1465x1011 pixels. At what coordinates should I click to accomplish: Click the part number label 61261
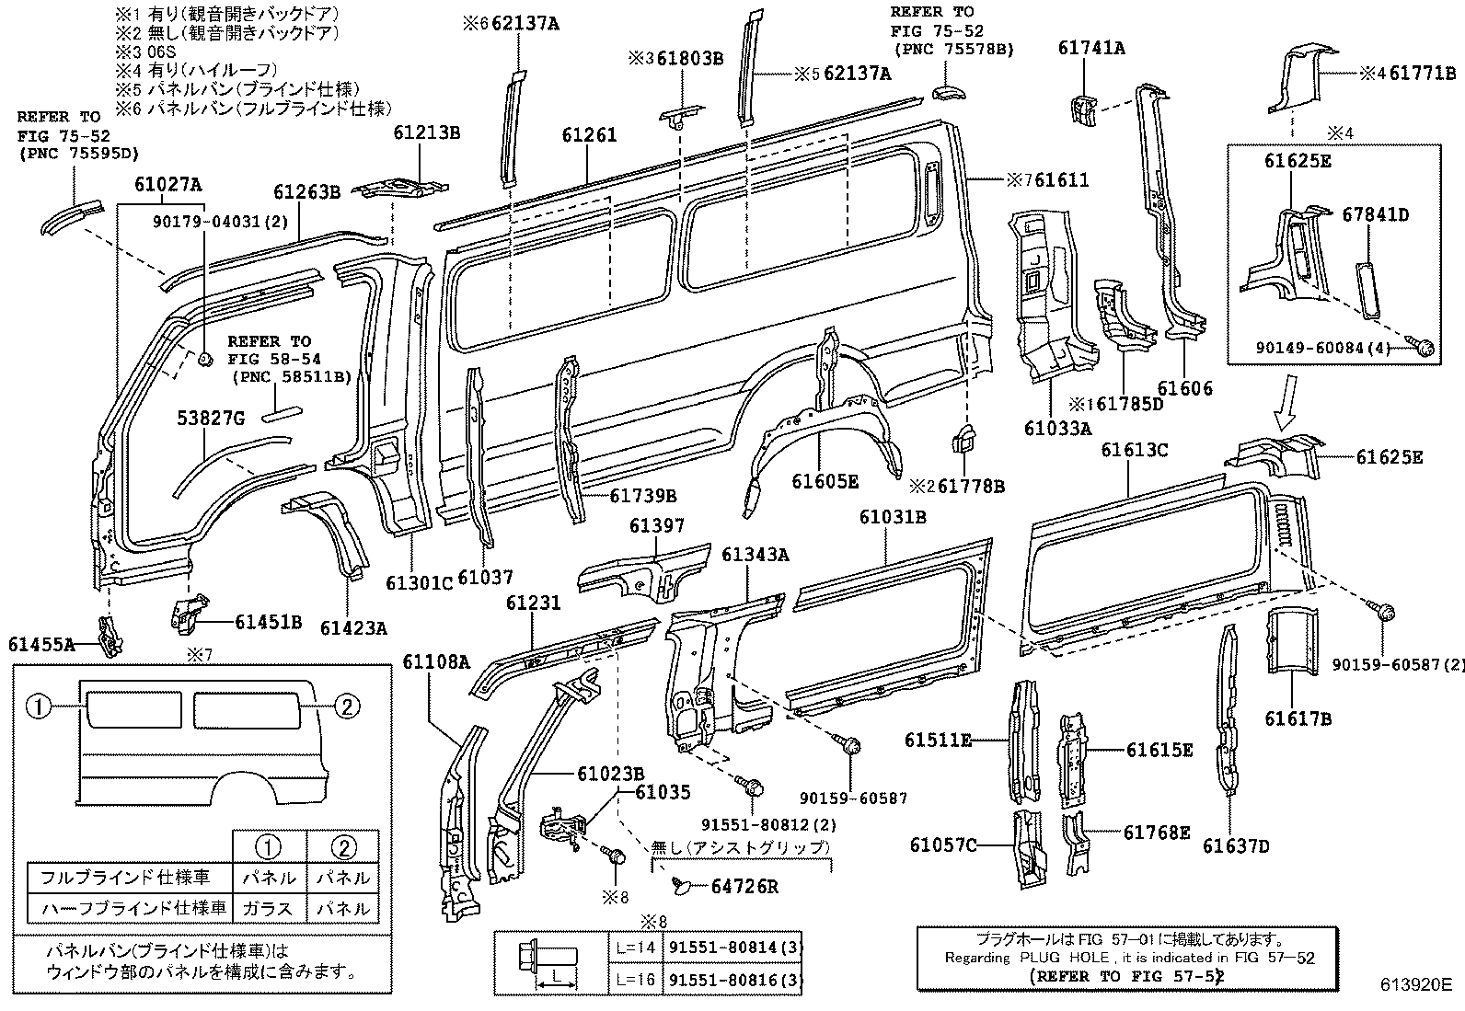(589, 136)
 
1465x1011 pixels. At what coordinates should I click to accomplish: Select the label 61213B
(426, 132)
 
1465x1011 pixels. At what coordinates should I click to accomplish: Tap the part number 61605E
(825, 481)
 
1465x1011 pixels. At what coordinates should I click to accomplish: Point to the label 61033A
(1057, 428)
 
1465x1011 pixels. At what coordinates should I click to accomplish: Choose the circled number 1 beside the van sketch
(38, 707)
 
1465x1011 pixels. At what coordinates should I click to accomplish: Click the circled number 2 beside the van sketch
(345, 707)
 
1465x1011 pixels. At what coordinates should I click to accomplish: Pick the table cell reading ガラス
(268, 908)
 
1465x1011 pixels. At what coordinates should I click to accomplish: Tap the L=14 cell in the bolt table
(635, 948)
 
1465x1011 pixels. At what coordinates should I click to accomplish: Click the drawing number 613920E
(1414, 984)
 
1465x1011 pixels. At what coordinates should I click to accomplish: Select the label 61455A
(41, 645)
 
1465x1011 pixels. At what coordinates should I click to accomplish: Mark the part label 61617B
(1298, 718)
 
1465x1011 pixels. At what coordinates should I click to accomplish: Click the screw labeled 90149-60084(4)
(1425, 346)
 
